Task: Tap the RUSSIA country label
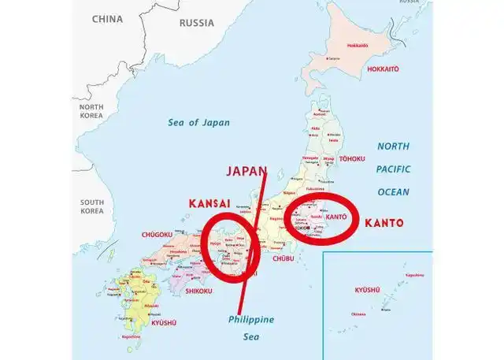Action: [196, 22]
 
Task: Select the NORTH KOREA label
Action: [91, 110]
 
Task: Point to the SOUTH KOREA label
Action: [91, 206]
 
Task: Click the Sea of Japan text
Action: [198, 122]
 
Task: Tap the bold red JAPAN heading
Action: [246, 171]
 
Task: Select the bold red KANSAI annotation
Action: [209, 203]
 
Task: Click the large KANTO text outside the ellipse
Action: [384, 223]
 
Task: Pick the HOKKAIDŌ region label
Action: [383, 69]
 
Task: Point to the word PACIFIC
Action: [393, 169]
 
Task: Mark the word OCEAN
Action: [393, 191]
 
